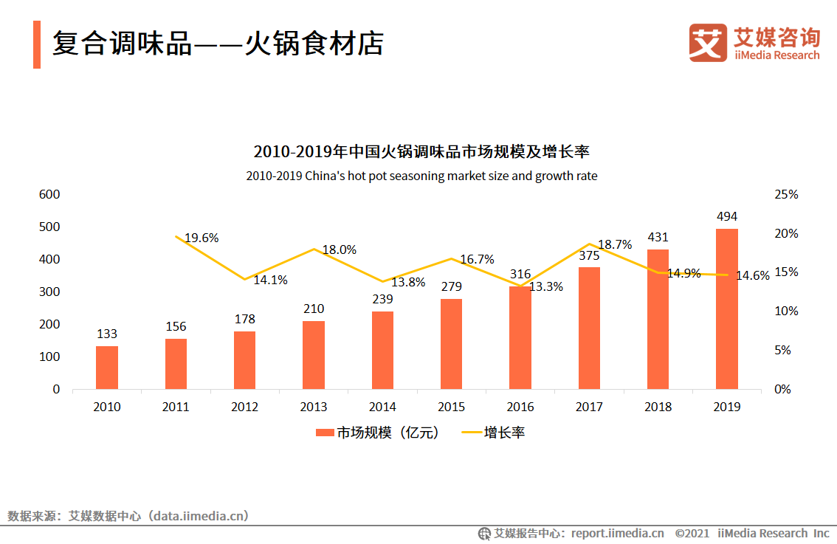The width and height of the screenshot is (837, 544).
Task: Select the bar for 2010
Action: point(107,367)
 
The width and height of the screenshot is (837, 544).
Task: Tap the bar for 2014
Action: point(382,350)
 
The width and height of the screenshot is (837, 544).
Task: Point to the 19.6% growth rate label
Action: point(201,238)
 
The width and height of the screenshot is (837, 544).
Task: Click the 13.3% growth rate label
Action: point(545,286)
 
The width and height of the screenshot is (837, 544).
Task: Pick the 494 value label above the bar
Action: point(726,216)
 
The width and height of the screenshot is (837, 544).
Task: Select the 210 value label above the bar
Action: point(313,309)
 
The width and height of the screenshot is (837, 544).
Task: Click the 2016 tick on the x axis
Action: point(520,407)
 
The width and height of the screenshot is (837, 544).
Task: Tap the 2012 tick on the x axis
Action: point(244,407)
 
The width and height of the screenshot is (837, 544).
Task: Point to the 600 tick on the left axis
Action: point(49,194)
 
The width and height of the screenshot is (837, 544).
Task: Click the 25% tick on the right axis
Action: point(786,194)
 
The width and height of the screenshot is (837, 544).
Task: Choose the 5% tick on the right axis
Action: point(782,350)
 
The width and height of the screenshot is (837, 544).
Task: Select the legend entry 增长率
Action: point(493,433)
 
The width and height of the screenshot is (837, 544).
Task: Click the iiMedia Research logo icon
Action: point(707,43)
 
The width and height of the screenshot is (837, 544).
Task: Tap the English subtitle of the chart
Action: point(421,176)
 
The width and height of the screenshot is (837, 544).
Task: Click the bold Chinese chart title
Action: point(421,152)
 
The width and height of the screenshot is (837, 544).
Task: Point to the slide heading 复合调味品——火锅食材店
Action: point(218,44)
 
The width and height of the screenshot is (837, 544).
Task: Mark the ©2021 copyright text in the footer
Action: point(692,533)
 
